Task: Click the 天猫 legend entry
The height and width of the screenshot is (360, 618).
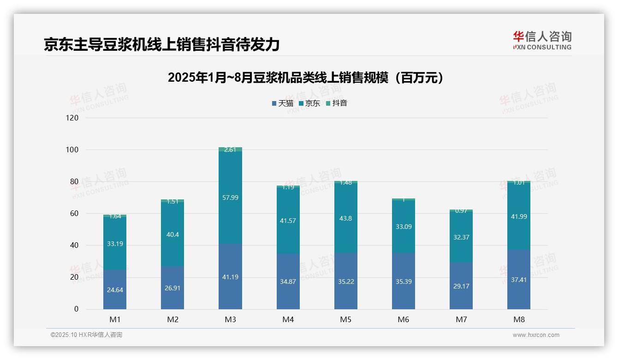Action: [x=283, y=103]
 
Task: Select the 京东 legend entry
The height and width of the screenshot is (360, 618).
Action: [x=309, y=103]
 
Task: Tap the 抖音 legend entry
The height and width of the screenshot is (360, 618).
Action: [x=337, y=103]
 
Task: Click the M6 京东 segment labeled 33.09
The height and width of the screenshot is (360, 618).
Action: [x=404, y=227]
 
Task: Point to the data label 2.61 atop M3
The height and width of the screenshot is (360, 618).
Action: [x=230, y=150]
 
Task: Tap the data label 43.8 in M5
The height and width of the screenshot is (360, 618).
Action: [x=346, y=218]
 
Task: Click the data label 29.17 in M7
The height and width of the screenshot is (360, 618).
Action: [x=461, y=286]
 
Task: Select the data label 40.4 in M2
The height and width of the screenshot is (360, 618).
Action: [x=172, y=234]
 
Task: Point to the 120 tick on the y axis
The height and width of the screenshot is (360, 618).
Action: [x=72, y=118]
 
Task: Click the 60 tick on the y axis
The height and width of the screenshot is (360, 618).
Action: [x=74, y=213]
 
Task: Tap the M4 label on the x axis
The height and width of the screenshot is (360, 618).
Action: [x=288, y=319]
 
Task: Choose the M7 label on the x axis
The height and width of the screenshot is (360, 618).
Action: [x=461, y=319]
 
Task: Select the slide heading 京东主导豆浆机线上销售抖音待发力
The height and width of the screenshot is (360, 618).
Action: [x=161, y=44]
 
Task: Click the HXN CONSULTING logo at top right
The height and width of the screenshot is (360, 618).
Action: [x=542, y=41]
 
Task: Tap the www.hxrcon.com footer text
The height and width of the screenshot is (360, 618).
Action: [x=536, y=335]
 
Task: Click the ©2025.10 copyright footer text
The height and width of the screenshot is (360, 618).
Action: [x=86, y=335]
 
